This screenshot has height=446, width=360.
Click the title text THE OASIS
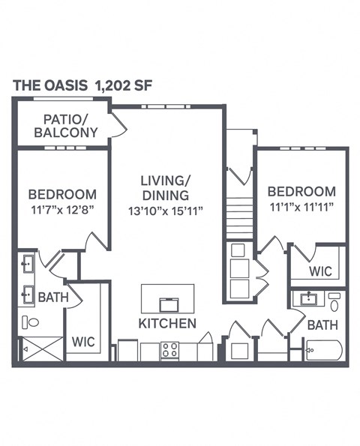click(x=51, y=85)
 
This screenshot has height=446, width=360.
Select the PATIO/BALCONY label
click(x=70, y=125)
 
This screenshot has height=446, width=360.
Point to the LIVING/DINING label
click(x=166, y=188)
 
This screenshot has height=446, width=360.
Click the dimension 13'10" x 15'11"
click(x=166, y=212)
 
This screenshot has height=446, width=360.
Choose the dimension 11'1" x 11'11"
click(x=301, y=206)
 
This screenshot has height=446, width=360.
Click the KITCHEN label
click(x=167, y=323)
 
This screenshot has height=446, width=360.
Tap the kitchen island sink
click(x=167, y=304)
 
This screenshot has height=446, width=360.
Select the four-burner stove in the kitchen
click(x=169, y=350)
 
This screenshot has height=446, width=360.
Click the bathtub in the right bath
click(x=324, y=350)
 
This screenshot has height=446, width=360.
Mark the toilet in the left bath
click(x=31, y=322)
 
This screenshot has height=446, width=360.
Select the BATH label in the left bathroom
click(x=53, y=298)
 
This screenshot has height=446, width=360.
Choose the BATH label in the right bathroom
click(x=322, y=325)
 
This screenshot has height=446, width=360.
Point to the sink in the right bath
click(x=308, y=300)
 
